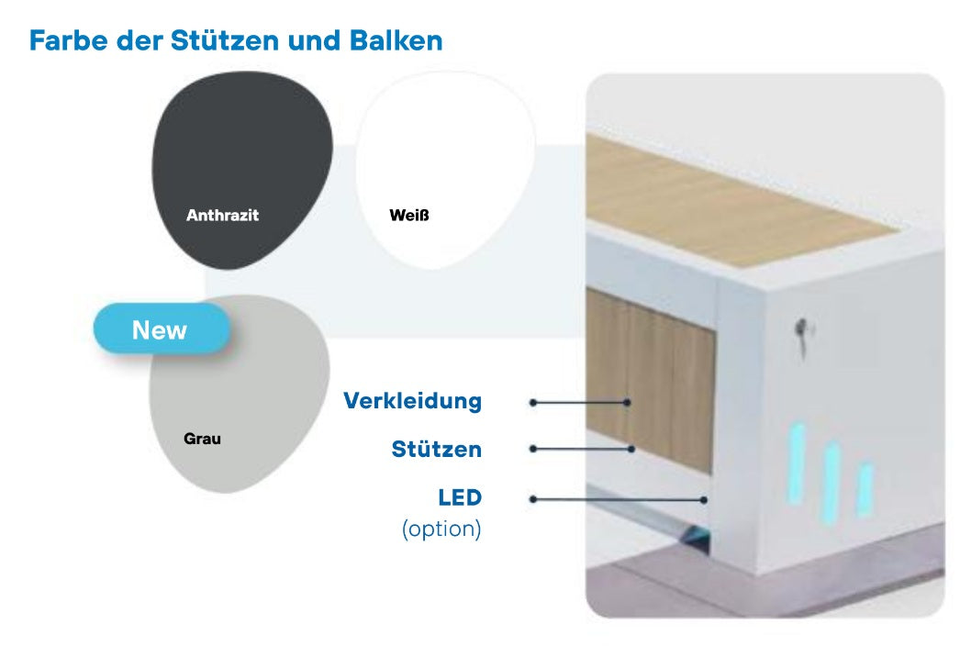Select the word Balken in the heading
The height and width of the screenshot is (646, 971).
click(397, 41)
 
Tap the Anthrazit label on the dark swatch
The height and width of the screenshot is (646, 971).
click(222, 216)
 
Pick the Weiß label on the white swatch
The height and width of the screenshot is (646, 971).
click(409, 216)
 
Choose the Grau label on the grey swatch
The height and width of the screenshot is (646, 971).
click(202, 439)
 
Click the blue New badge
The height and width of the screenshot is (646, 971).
click(160, 330)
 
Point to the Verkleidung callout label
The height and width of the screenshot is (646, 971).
click(412, 401)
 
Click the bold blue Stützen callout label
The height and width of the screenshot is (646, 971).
click(436, 450)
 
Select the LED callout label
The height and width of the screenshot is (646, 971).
click(460, 498)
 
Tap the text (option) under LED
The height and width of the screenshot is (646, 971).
click(441, 529)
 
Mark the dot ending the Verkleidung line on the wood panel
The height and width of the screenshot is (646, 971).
click(628, 402)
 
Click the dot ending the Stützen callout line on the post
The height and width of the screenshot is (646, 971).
click(632, 449)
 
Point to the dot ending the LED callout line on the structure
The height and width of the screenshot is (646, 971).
click(704, 500)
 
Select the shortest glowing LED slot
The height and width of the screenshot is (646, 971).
click(865, 488)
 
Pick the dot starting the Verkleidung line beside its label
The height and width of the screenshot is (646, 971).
click(533, 402)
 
